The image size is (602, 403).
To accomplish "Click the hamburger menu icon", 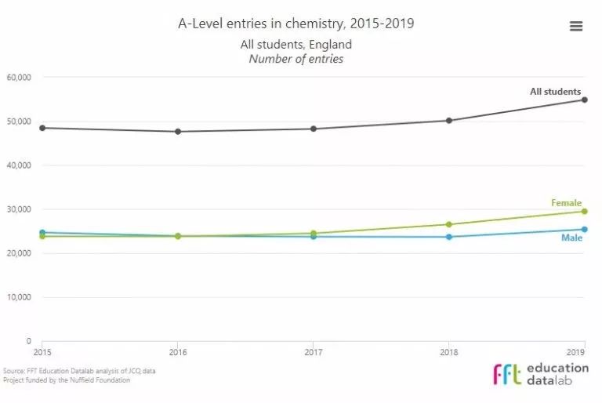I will pos(576,26).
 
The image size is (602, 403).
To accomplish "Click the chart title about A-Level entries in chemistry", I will pos(296,24).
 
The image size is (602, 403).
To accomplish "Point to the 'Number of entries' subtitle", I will pos(296,59).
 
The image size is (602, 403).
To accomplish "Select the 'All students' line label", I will pos(555,92).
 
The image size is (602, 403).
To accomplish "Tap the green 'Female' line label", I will pos(566,203).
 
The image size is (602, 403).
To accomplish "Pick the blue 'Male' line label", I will pos(571,238).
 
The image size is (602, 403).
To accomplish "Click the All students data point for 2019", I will pos(584,100).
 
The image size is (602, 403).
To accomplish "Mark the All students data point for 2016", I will pos(178,132).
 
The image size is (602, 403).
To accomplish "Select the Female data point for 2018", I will pos(448,224).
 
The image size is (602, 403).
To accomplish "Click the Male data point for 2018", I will pos(448,237).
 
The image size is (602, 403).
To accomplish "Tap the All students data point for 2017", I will pos(314,129).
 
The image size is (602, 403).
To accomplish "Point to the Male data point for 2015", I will pos(42,233).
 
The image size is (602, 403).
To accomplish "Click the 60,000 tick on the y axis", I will pos(18,78).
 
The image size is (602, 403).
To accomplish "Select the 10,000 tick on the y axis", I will pos(18,297).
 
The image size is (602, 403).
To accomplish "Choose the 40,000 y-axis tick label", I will pos(18,165).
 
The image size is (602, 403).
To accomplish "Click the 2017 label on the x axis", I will pos(314,352).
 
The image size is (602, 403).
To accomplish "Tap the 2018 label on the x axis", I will pos(448,352).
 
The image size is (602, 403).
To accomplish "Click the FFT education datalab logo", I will pos(541,374).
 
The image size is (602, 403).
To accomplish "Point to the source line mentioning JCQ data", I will pos(78,371).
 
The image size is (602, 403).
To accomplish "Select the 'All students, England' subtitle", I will pos(296,45).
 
